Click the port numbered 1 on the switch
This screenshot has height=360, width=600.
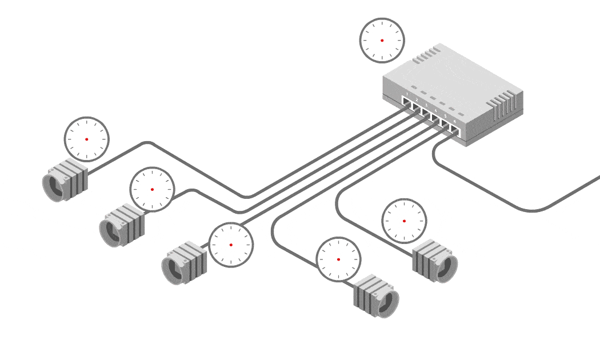tap(407, 102)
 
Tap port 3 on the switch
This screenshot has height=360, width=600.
tap(426, 113)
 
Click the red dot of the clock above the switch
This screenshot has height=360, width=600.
tap(382, 41)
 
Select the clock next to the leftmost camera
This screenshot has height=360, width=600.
tap(86, 139)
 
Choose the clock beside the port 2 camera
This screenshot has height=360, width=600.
tap(152, 189)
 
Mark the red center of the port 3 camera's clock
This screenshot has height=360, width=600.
tap(231, 245)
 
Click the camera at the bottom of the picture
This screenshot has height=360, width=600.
tap(375, 297)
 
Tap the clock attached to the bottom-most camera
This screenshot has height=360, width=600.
tap(338, 259)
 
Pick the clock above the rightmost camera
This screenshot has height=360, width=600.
tap(404, 221)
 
